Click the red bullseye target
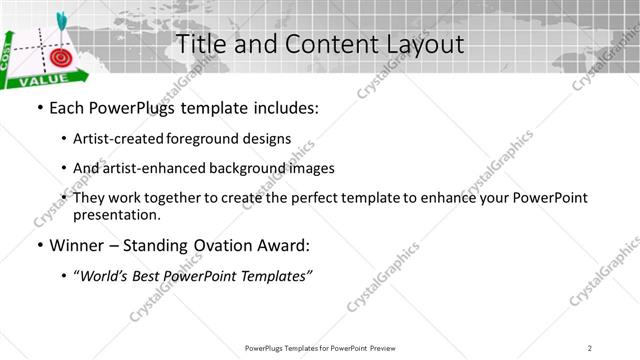click(60, 57)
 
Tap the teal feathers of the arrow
click(60, 17)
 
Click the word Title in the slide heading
click(198, 45)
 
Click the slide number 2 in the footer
click(590, 347)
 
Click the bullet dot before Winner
click(38, 245)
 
